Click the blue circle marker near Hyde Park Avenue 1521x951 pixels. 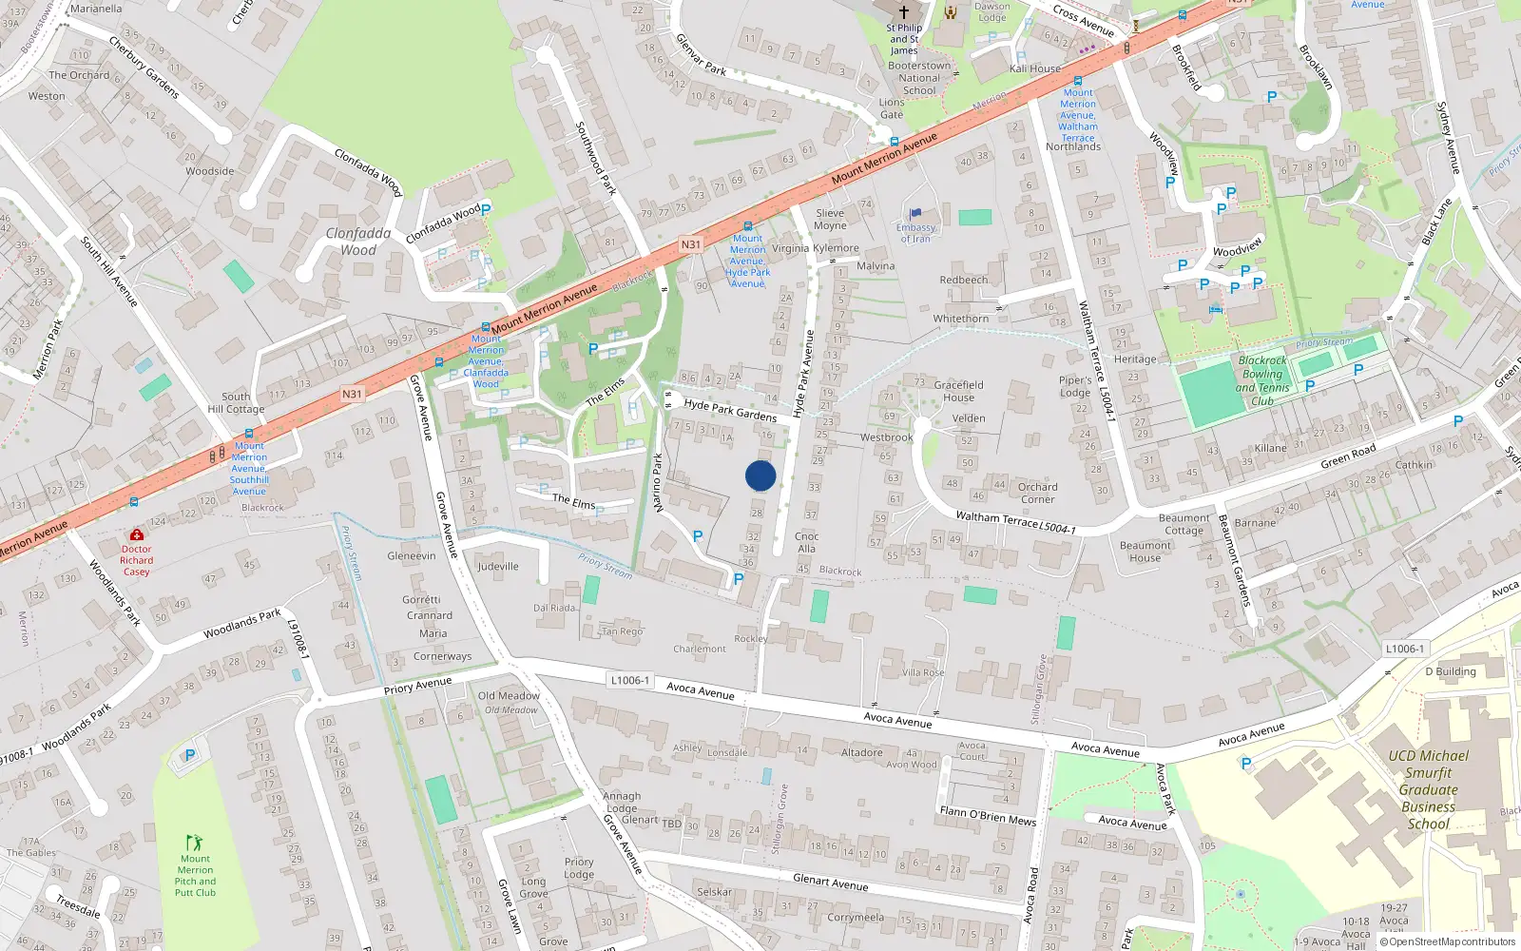tap(760, 475)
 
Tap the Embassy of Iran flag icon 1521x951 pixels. tap(915, 214)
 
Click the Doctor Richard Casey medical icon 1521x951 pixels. tap(137, 535)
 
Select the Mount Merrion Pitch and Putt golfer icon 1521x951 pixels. tap(195, 843)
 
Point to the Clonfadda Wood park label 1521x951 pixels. tap(358, 242)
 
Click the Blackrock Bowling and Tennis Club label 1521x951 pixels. tap(1262, 380)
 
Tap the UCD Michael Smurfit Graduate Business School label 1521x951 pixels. tap(1428, 789)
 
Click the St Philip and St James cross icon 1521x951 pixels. tap(904, 12)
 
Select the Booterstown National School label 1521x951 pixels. tap(919, 78)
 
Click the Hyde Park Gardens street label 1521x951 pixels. tap(730, 410)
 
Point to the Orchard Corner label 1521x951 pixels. tap(1037, 493)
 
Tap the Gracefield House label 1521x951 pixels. tap(958, 391)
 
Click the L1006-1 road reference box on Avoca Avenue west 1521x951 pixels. tap(630, 680)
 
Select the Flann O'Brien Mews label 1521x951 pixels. tap(988, 815)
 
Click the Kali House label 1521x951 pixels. tap(1035, 68)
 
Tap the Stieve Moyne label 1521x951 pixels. tap(830, 220)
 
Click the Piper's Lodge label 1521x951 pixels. tap(1075, 386)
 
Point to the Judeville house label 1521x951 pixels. tap(498, 566)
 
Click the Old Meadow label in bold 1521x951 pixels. tap(509, 695)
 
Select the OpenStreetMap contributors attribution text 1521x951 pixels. tap(1452, 941)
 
